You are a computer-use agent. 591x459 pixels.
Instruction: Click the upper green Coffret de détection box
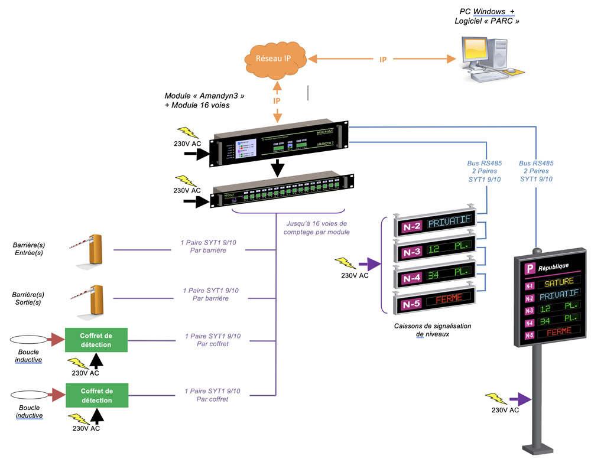[96, 340]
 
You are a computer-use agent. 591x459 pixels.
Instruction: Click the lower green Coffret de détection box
[96, 395]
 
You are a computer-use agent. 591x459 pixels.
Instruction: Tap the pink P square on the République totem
[530, 268]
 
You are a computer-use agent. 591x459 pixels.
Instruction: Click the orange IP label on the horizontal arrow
[383, 60]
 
